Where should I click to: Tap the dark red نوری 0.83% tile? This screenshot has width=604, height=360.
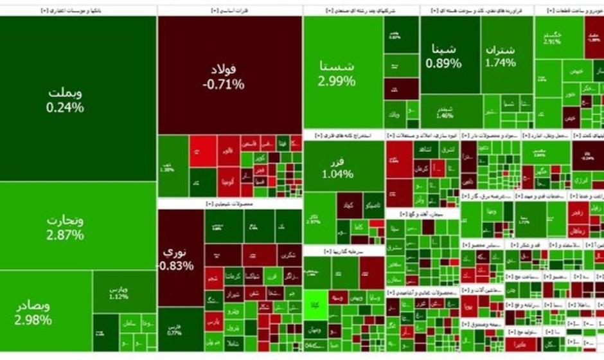click(180, 257)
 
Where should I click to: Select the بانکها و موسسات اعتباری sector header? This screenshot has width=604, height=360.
click(78, 11)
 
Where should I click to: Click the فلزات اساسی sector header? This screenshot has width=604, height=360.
click(230, 11)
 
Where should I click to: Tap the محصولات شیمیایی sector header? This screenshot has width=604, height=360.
click(230, 204)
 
